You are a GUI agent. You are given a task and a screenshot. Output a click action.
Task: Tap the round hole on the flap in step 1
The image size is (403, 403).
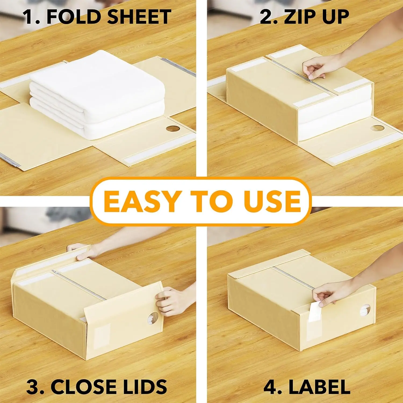pos(173,128)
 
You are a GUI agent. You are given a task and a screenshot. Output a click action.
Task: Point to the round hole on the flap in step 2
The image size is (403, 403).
pos(378,128)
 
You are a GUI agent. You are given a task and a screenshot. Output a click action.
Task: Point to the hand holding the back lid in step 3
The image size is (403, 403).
pos(81,251)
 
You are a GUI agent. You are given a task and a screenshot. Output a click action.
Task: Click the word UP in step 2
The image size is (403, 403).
pos(336,17)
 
